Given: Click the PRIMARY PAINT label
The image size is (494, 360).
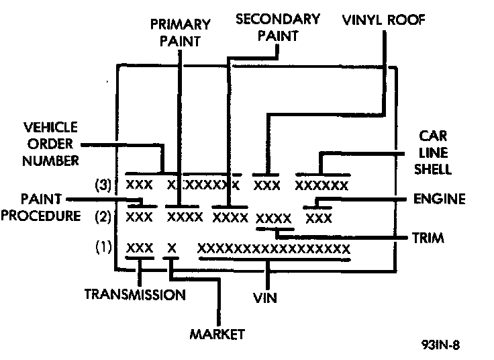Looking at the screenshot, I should pyautogui.click(x=180, y=32).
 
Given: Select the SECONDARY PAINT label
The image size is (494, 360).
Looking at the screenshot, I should pyautogui.click(x=277, y=28).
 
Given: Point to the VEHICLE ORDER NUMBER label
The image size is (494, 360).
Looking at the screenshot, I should pyautogui.click(x=50, y=144).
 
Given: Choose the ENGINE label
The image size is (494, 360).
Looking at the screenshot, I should pyautogui.click(x=439, y=199).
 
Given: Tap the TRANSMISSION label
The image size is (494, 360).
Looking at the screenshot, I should pyautogui.click(x=134, y=294).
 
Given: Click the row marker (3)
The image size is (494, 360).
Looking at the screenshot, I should pyautogui.click(x=103, y=184).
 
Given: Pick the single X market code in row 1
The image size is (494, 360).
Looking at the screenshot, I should pyautogui.click(x=172, y=248).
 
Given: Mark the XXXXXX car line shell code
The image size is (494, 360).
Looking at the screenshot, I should pyautogui.click(x=322, y=185).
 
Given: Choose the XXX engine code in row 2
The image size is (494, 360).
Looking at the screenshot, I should pyautogui.click(x=319, y=218).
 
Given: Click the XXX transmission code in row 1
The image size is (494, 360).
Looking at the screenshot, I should pyautogui.click(x=140, y=248).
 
